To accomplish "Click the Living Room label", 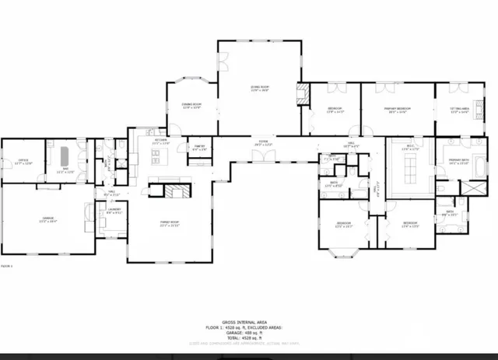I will (x=260, y=89).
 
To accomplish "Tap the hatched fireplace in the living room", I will (x=302, y=96).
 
